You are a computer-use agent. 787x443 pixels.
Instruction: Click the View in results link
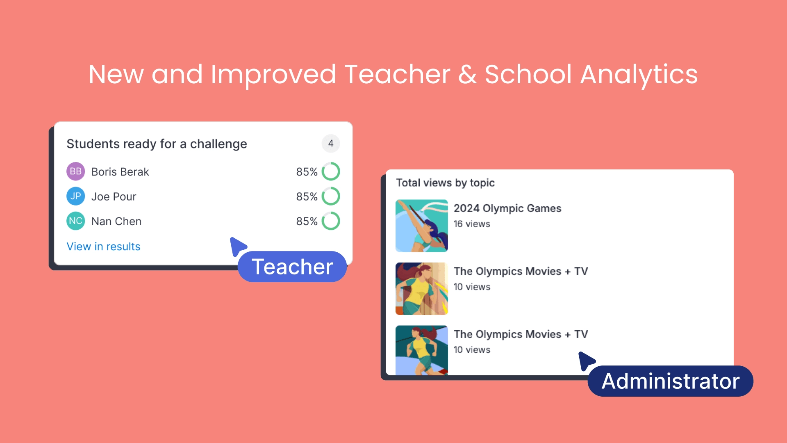tap(103, 247)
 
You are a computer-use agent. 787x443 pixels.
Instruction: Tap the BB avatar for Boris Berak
tap(76, 171)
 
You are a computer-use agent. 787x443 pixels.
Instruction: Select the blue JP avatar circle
tap(76, 196)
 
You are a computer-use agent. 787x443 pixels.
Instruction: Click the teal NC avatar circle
tap(76, 221)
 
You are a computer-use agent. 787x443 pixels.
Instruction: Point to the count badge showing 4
tap(331, 144)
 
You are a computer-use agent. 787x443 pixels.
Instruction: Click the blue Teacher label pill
tap(292, 267)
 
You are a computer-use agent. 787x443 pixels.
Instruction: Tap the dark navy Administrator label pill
tap(671, 381)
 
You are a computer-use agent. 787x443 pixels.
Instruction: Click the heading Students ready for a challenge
tap(157, 144)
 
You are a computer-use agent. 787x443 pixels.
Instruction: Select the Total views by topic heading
tap(445, 183)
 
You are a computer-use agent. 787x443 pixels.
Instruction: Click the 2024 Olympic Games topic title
tap(507, 208)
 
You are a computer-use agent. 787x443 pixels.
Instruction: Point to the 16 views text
tap(472, 224)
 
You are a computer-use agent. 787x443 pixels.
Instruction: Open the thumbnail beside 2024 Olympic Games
tap(422, 226)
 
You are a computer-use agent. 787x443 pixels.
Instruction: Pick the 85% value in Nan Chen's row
tap(307, 221)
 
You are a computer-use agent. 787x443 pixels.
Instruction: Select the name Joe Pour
tap(114, 197)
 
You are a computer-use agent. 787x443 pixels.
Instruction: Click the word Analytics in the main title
tap(639, 75)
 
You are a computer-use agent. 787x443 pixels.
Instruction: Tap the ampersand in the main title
tap(467, 75)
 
